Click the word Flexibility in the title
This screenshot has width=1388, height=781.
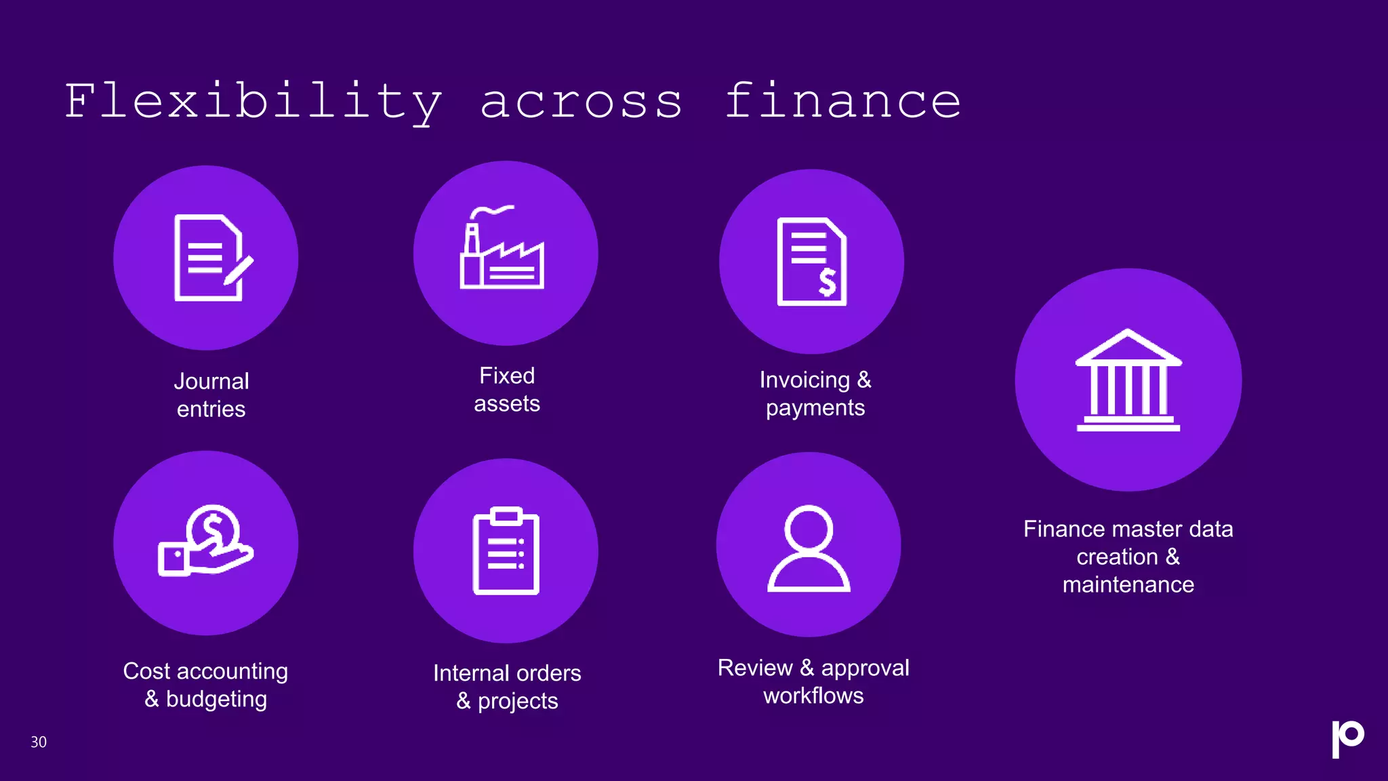[x=253, y=102]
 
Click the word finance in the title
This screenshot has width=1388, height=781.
[x=842, y=102]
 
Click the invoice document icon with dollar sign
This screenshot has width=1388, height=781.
[x=811, y=262]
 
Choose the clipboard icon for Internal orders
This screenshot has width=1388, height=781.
[x=506, y=550]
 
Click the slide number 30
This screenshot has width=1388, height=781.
[x=39, y=742]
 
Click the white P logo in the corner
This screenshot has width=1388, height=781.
[x=1347, y=738]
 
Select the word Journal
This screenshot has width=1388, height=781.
[x=211, y=381]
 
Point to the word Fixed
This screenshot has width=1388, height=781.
[x=507, y=376]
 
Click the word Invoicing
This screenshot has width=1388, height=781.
[x=804, y=380]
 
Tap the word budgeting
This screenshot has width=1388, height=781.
[x=216, y=699]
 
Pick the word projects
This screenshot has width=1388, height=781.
[x=518, y=701]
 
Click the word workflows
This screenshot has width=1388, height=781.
[x=813, y=696]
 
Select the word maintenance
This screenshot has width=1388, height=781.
[x=1128, y=584]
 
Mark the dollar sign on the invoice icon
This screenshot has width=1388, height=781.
[x=828, y=282]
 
